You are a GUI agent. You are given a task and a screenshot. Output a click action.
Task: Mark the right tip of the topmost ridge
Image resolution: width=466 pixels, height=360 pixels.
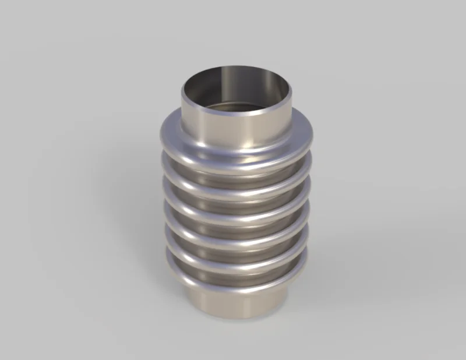312,135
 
